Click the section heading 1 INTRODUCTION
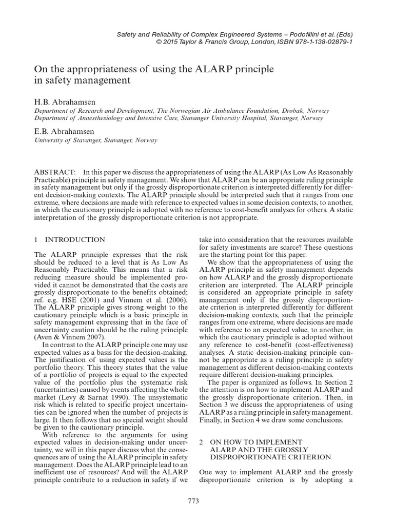[x=69, y=239]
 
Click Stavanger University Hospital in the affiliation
[x=241, y=118]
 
